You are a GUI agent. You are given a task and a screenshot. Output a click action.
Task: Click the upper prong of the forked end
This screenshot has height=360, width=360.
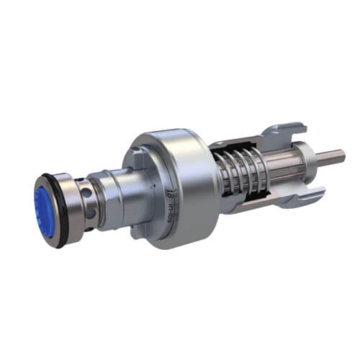[x=288, y=134]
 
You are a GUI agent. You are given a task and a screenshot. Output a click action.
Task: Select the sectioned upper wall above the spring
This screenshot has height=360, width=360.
[x=238, y=147]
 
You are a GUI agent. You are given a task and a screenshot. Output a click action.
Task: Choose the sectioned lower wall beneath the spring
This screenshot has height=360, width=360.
[x=248, y=205]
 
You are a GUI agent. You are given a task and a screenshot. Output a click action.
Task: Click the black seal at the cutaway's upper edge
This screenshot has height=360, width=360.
[x=215, y=152]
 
